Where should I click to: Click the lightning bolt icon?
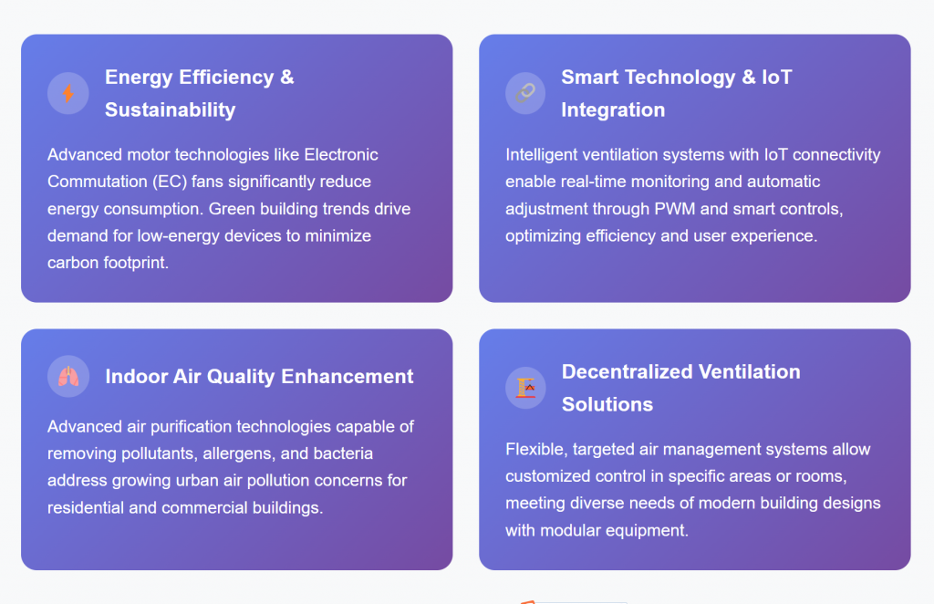pyautogui.click(x=68, y=93)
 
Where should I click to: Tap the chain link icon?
pyautogui.click(x=525, y=93)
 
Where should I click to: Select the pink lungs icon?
pyautogui.click(x=68, y=377)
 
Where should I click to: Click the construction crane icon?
pyautogui.click(x=526, y=388)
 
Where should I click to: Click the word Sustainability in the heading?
pyautogui.click(x=171, y=109)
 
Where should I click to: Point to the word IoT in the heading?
pyautogui.click(x=777, y=77)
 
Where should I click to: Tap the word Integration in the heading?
pyautogui.click(x=613, y=109)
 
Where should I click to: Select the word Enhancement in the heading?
pyautogui.click(x=348, y=377)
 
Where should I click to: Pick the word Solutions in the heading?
pyautogui.click(x=607, y=404)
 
